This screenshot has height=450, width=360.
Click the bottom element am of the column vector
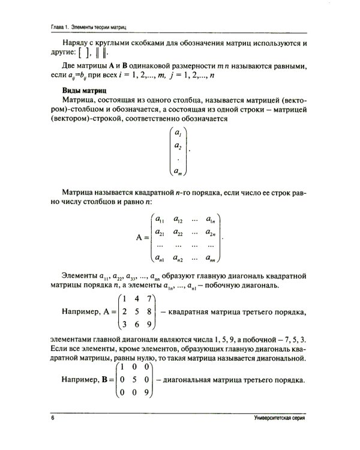point(178,172)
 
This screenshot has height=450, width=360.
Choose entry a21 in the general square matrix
point(160,233)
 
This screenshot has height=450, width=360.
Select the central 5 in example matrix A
point(136,311)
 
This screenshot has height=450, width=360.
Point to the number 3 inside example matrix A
point(122,325)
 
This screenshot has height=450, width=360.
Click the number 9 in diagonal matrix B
point(148,393)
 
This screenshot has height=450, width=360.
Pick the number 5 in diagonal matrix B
point(136,380)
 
